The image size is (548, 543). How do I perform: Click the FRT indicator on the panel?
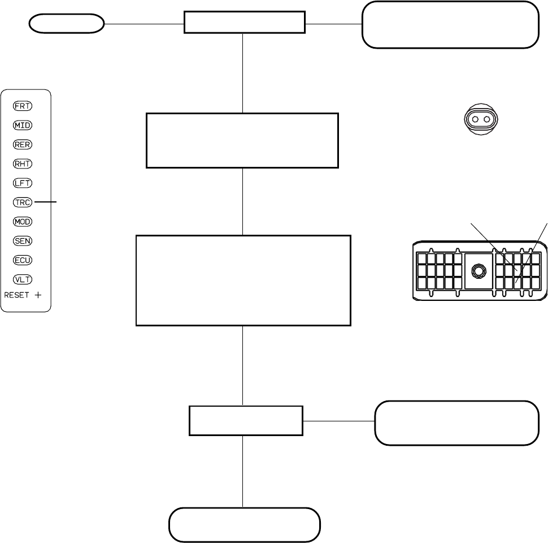(23, 106)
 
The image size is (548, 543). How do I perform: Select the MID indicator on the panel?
(23, 125)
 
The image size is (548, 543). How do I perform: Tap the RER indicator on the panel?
(23, 144)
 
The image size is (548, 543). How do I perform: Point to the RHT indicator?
(23, 163)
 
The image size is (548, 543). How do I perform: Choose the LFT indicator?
(23, 183)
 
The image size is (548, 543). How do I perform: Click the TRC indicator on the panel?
(23, 202)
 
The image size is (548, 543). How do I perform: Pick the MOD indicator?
(23, 222)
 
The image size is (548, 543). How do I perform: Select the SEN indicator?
(23, 241)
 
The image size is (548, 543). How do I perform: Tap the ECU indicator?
(23, 260)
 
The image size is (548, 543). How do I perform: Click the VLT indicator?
(23, 279)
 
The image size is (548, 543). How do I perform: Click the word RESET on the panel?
(16, 295)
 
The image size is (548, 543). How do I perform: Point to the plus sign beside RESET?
(38, 295)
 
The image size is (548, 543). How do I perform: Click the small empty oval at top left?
(67, 24)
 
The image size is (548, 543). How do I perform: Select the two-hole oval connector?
(481, 119)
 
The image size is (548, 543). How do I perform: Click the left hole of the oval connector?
(475, 119)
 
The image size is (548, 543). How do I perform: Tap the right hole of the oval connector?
(487, 119)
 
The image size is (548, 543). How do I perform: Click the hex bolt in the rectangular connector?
(479, 271)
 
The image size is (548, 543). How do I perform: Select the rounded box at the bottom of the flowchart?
(245, 525)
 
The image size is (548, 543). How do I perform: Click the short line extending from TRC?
(45, 202)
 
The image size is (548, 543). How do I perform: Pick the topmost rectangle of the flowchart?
(245, 23)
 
